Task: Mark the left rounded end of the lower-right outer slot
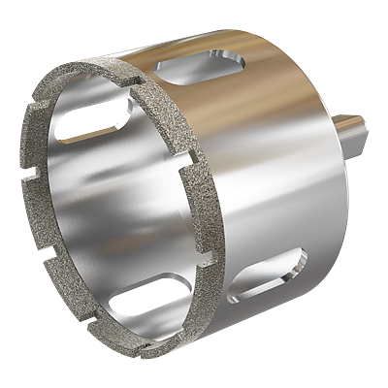pyautogui.click(x=233, y=297)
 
